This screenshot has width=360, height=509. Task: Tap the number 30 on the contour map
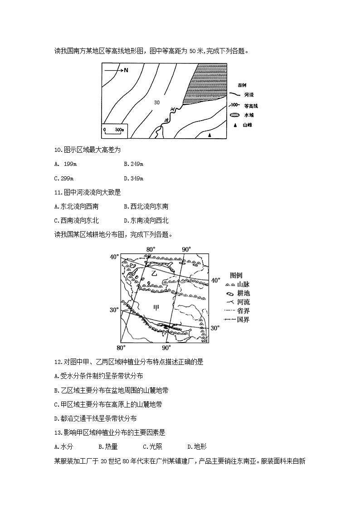pyautogui.click(x=157, y=102)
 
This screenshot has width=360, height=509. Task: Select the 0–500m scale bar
pyautogui.click(x=113, y=130)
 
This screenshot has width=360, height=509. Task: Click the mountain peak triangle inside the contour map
pyautogui.click(x=209, y=135)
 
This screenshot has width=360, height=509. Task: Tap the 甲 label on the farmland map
pyautogui.click(x=156, y=307)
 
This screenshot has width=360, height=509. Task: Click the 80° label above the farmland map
pyautogui.click(x=151, y=249)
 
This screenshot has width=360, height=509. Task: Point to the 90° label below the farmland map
pyautogui.click(x=166, y=348)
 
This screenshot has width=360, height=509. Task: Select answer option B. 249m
pyautogui.click(x=133, y=164)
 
